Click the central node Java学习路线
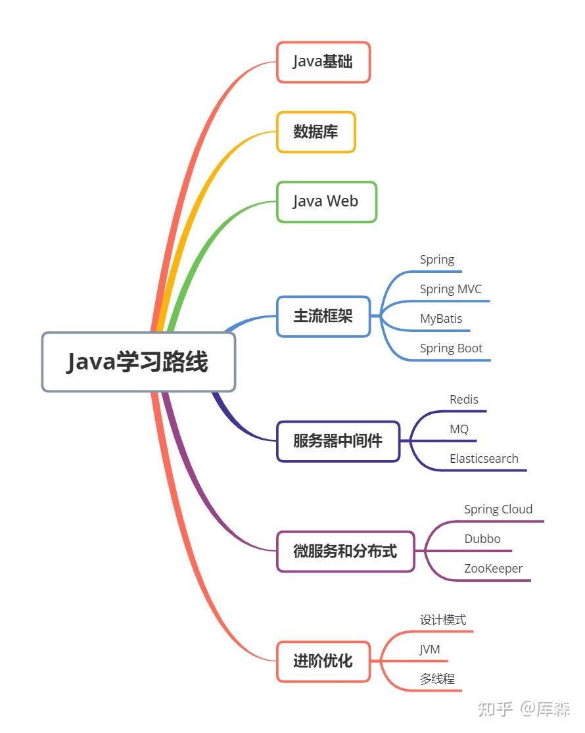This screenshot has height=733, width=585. (138, 362)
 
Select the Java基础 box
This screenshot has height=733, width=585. (323, 62)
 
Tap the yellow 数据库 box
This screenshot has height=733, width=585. (316, 131)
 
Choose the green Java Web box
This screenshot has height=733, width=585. (326, 201)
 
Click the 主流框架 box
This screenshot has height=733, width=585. (323, 316)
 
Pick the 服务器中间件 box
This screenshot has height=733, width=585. (338, 441)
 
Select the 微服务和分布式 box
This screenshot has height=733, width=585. (346, 551)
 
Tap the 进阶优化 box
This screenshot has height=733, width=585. (323, 661)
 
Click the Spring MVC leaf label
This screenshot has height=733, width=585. (451, 289)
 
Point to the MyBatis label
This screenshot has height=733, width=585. (441, 319)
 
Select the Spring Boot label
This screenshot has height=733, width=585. (452, 348)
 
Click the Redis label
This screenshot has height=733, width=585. (464, 400)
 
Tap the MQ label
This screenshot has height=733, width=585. (459, 429)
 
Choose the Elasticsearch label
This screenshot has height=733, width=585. (484, 459)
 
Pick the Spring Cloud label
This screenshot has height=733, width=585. (498, 509)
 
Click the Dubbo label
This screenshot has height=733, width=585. (482, 539)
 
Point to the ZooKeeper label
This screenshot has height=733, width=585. (494, 569)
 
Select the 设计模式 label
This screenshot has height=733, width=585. (443, 620)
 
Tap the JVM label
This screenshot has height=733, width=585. (430, 650)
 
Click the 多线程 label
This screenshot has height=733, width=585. (437, 679)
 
